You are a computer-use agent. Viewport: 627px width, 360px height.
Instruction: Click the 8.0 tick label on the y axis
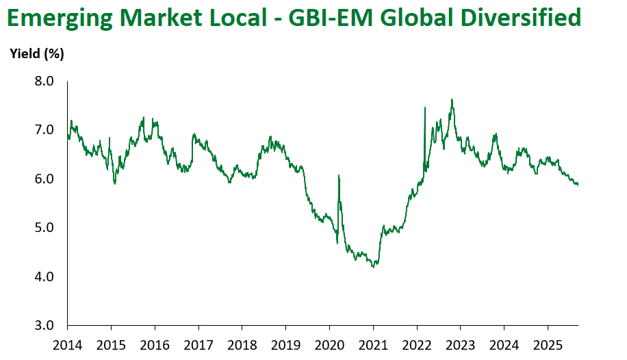44,81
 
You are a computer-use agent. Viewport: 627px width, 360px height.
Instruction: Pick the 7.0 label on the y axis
44,130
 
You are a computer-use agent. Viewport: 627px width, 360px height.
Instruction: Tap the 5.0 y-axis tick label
44,228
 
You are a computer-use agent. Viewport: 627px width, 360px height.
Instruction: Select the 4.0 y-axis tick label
44,277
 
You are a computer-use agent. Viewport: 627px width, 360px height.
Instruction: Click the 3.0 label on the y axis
44,325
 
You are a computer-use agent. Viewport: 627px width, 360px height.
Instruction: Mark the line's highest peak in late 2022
452,100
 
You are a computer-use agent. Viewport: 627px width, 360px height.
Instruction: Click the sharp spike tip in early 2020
339,176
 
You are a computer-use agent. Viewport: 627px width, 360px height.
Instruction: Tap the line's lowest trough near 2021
373,267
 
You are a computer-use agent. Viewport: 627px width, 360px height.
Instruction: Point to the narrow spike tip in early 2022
425,107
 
